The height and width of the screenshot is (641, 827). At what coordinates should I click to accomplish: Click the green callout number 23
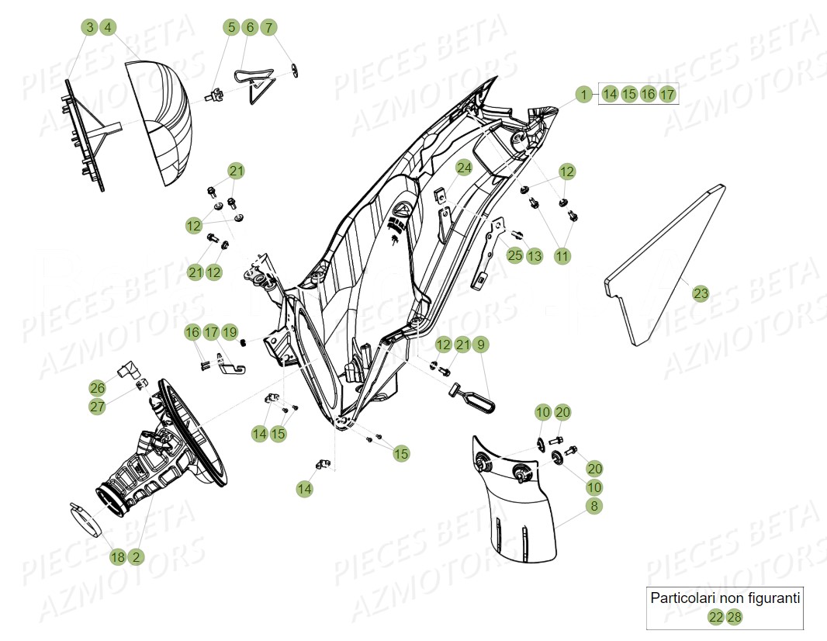pyautogui.click(x=701, y=294)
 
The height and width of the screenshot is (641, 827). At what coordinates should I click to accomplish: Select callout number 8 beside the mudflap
pyautogui.click(x=594, y=506)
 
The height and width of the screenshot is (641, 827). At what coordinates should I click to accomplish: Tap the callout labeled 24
pyautogui.click(x=464, y=168)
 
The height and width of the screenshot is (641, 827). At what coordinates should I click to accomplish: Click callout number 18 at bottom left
pyautogui.click(x=117, y=556)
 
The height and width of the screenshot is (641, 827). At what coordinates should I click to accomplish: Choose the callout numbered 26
pyautogui.click(x=97, y=387)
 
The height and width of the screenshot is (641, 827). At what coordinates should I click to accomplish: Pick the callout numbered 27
pyautogui.click(x=97, y=407)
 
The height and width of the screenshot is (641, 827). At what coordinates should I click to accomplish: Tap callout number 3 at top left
pyautogui.click(x=89, y=28)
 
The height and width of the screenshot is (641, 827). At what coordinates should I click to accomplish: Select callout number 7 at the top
pyautogui.click(x=268, y=28)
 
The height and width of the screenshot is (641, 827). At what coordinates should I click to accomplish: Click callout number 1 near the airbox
pyautogui.click(x=583, y=94)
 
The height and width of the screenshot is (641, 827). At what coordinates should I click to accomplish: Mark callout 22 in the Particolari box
pyautogui.click(x=715, y=617)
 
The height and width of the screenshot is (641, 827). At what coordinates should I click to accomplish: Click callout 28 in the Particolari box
pyautogui.click(x=734, y=617)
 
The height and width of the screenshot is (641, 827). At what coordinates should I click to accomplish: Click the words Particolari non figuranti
pyautogui.click(x=725, y=598)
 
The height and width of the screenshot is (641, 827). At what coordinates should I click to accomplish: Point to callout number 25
pyautogui.click(x=515, y=255)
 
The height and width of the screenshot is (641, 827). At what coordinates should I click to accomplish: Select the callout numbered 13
pyautogui.click(x=535, y=255)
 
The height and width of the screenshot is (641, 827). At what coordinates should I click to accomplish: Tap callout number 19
pyautogui.click(x=230, y=332)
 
